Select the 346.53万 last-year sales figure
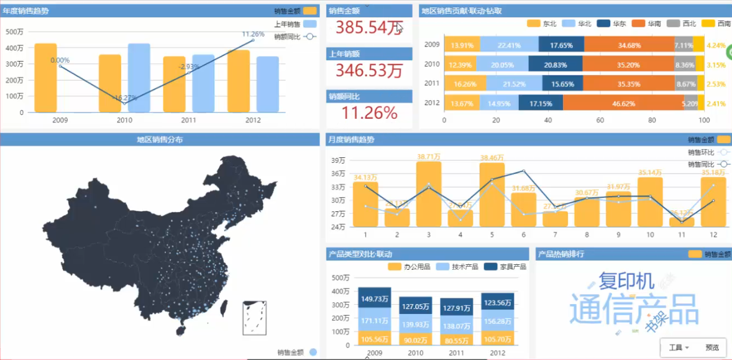pos(369,70)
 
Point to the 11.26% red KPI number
pos(369,113)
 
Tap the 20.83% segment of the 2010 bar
pos(555,65)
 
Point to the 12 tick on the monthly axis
pos(713,234)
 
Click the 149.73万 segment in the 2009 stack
pos(374,299)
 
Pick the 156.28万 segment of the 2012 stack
pos(497,321)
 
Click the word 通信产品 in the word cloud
pos(633,308)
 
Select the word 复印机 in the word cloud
pos(626,281)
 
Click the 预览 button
pos(712,348)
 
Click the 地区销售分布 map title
pos(160,140)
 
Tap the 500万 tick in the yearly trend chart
pos(14,32)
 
